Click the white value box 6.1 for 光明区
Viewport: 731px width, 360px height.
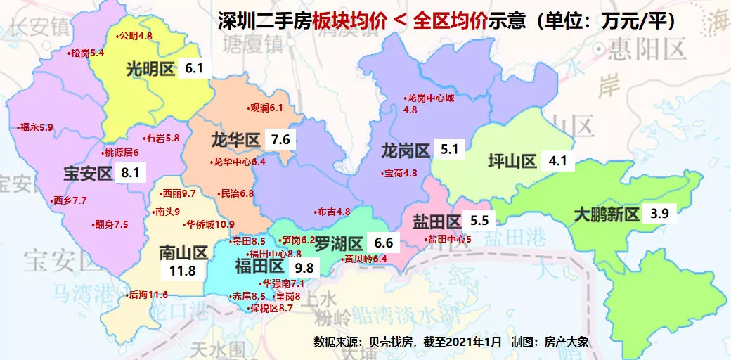[x=194, y=68]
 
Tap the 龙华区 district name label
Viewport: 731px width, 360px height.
[x=235, y=139]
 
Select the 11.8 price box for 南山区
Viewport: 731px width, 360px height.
[x=177, y=270]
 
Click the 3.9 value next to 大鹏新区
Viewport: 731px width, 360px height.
[x=660, y=214]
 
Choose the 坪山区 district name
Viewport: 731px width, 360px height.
[x=512, y=162]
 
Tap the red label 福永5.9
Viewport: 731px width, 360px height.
[x=36, y=127]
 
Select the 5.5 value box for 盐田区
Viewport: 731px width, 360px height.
[x=479, y=220]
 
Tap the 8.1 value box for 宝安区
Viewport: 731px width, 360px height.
[x=130, y=172]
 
